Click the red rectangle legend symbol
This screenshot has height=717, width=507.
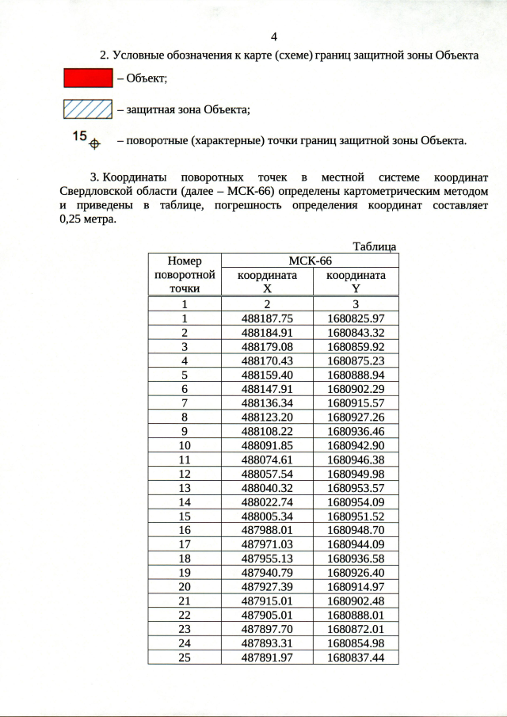coord(88,78)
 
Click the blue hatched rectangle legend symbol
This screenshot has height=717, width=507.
coord(88,109)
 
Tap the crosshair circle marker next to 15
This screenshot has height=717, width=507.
coord(94,143)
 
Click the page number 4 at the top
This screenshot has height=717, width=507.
coord(274,37)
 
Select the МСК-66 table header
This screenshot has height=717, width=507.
coord(310,261)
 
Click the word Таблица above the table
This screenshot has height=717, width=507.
coord(375,246)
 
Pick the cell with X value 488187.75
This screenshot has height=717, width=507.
coord(267,318)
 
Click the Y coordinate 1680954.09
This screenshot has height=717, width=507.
coord(355,502)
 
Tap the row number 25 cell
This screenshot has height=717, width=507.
coord(184,658)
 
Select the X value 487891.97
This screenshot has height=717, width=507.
coord(267,658)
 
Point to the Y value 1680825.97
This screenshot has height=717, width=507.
coord(355,318)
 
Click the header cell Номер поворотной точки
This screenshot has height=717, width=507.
coord(184,274)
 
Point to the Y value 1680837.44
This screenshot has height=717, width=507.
coord(355,658)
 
